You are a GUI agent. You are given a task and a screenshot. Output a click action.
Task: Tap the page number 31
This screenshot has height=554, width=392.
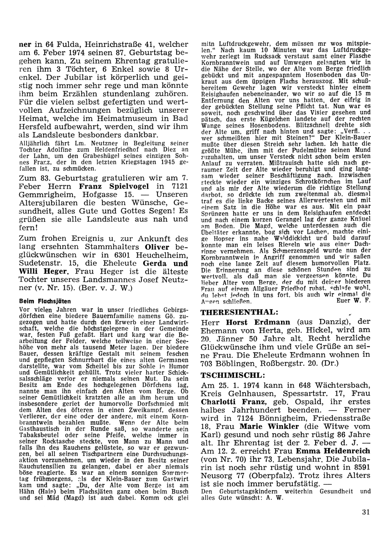click(x=367, y=511)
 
